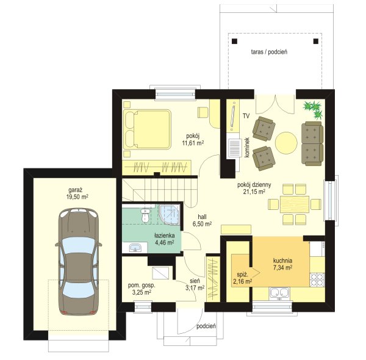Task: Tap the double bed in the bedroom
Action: [147, 129]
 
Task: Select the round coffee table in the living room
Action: [286, 143]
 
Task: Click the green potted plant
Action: [313, 109]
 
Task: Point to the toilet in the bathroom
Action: [145, 215]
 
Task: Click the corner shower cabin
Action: [170, 215]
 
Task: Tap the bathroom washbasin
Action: [135, 248]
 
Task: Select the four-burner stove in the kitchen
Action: [317, 280]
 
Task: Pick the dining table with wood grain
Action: [295, 204]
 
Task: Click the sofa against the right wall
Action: [312, 143]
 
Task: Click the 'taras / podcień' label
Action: [269, 52]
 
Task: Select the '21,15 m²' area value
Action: [254, 192]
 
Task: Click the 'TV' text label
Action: [246, 116]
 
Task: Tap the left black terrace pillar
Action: [234, 41]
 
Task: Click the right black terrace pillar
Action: [315, 41]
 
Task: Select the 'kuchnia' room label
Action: [282, 261]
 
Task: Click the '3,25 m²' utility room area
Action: [142, 292]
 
